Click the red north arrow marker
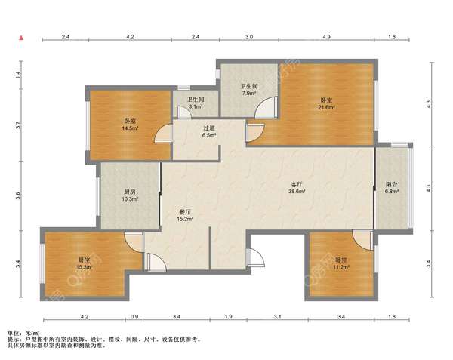(x=21, y=38)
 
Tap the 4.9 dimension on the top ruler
(x=326, y=37)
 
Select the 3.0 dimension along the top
(x=249, y=37)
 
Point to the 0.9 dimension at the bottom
(x=134, y=317)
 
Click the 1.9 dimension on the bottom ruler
(x=228, y=317)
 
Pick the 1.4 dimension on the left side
(x=18, y=75)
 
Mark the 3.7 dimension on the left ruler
(x=18, y=125)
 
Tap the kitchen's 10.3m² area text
(x=130, y=199)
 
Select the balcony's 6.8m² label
(x=392, y=191)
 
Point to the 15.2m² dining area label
(x=185, y=219)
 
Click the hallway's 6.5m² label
(x=209, y=135)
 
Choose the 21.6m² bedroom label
(x=326, y=107)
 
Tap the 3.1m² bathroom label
(x=196, y=106)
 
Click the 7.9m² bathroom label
(x=249, y=93)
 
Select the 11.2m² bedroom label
(x=341, y=267)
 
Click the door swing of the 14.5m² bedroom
(x=162, y=134)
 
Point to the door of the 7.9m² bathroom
(x=266, y=108)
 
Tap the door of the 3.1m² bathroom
(x=183, y=112)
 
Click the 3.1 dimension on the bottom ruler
(x=277, y=317)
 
